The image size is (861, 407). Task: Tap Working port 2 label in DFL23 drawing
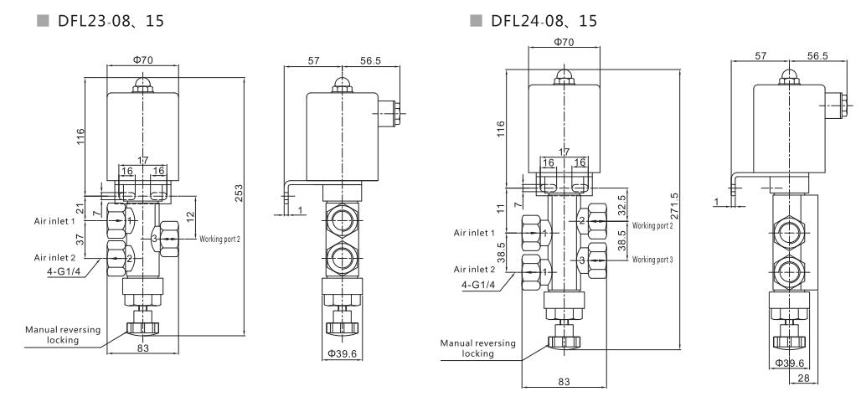219,239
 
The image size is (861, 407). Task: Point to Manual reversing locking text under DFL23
63,335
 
